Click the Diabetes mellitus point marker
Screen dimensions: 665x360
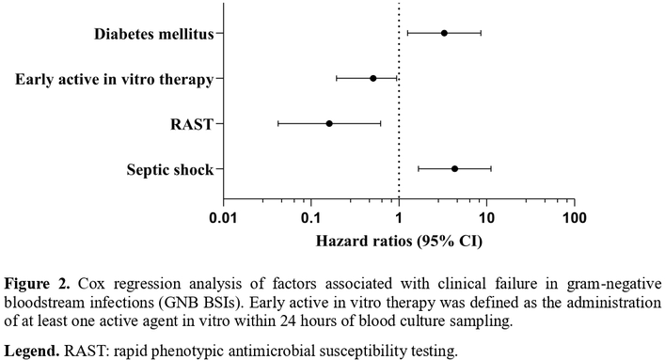pyautogui.click(x=444, y=33)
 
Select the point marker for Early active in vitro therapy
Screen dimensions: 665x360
pyautogui.click(x=373, y=78)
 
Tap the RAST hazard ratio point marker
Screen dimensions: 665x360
pyautogui.click(x=329, y=124)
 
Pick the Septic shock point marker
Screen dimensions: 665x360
pyautogui.click(x=454, y=169)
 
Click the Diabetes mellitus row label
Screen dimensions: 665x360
pyautogui.click(x=154, y=34)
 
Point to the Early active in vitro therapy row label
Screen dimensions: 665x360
pyautogui.click(x=115, y=79)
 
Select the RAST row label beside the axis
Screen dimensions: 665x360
pyautogui.click(x=192, y=125)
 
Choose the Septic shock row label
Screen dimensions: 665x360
pyautogui.click(x=170, y=170)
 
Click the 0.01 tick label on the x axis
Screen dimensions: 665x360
pyautogui.click(x=224, y=218)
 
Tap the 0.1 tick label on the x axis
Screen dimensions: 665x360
pyautogui.click(x=311, y=218)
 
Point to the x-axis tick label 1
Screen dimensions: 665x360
pyautogui.click(x=399, y=218)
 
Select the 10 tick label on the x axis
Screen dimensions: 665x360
pyautogui.click(x=486, y=218)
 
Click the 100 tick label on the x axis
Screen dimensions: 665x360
pyautogui.click(x=575, y=218)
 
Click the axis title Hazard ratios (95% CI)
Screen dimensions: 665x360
pyautogui.click(x=399, y=242)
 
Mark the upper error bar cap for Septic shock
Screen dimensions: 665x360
pyautogui.click(x=491, y=169)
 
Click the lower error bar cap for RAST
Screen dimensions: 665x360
pyautogui.click(x=278, y=124)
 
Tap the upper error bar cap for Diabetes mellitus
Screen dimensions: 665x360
pyautogui.click(x=481, y=33)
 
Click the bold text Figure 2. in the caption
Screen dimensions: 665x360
pyautogui.click(x=38, y=283)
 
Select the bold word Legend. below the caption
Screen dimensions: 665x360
pyautogui.click(x=32, y=352)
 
